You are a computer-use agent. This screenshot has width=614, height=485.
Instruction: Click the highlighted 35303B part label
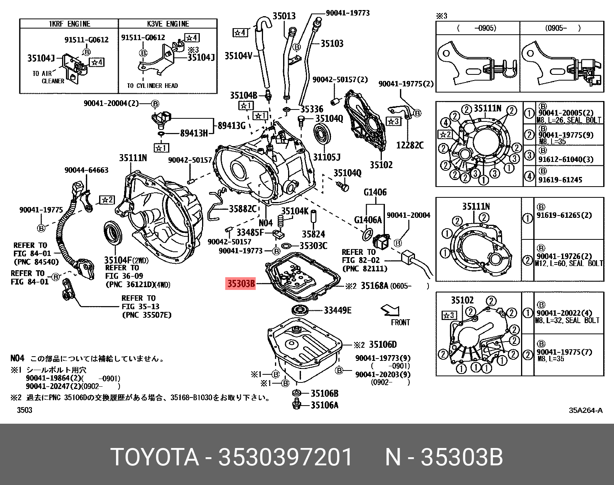[241, 284]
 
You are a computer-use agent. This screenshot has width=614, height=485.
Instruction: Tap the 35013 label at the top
[284, 16]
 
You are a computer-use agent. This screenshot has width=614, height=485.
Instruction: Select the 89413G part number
[231, 126]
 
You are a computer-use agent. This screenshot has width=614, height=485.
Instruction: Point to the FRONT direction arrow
[390, 310]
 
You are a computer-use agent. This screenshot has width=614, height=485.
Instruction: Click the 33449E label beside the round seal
[337, 310]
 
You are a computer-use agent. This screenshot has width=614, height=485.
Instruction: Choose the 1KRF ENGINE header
[69, 24]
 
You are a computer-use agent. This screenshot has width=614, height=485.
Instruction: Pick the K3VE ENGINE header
[168, 24]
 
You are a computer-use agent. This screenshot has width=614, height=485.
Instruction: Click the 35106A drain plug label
[324, 405]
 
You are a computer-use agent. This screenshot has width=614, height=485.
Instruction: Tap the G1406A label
[368, 220]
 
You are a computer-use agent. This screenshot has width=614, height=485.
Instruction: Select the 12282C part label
[410, 145]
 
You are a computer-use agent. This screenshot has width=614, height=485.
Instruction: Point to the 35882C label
[243, 209]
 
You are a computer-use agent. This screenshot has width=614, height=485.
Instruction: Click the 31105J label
[327, 157]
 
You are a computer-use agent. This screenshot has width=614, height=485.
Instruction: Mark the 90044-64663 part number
[86, 170]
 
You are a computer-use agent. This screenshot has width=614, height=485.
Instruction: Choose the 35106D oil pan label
[383, 344]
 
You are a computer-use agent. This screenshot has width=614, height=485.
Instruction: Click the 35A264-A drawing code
[585, 410]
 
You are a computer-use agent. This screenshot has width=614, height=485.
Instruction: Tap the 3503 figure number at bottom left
[25, 410]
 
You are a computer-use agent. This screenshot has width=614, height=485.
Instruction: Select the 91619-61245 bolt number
[560, 180]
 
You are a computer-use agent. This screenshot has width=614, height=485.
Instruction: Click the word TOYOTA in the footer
[155, 457]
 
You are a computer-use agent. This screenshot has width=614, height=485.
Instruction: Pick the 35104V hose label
[238, 56]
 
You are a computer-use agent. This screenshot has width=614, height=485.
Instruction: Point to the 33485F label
[250, 232]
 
